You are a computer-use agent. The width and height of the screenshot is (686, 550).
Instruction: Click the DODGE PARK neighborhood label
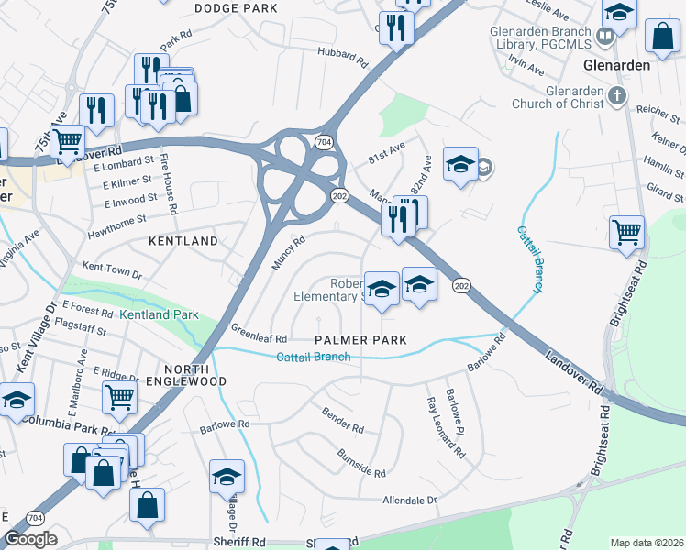pos(237,8)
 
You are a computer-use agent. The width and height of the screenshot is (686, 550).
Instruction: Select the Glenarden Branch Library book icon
pos(604,37)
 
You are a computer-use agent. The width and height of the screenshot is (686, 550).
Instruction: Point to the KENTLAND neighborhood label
pos(183,241)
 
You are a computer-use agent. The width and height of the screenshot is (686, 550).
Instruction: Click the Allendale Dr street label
pos(409,500)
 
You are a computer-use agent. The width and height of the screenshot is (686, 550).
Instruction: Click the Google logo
pos(30,539)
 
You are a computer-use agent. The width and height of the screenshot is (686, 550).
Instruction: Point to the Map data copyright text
pos(647,543)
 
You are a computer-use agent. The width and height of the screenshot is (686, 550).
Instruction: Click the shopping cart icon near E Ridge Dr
pos(120,399)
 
